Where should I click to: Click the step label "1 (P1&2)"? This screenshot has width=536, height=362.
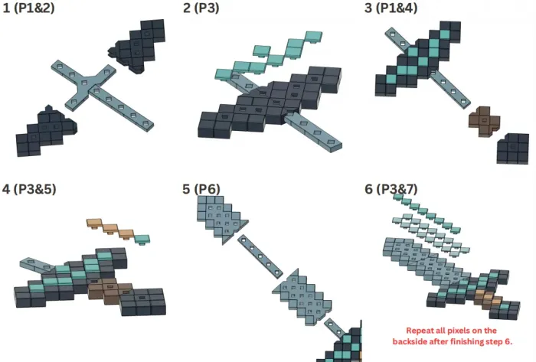(28, 8)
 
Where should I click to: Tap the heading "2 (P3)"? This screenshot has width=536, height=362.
(201, 8)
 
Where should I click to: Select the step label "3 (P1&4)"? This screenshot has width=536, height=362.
(391, 8)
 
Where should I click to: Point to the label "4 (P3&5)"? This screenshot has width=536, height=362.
(29, 189)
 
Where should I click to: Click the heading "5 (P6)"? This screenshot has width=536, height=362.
(201, 189)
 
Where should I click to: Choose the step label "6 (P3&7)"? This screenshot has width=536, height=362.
(391, 189)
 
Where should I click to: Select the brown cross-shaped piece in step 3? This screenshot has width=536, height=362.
(484, 121)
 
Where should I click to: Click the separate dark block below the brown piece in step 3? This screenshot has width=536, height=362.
(513, 148)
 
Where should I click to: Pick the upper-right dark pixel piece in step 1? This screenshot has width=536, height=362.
(137, 46)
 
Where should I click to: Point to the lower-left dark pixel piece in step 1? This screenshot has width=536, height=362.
(46, 132)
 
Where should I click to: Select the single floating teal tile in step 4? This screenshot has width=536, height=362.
(142, 239)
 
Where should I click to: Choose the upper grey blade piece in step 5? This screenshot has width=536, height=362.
(221, 217)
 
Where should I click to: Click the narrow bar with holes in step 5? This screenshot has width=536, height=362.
(260, 256)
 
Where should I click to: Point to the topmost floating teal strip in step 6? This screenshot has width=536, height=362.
(427, 214)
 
